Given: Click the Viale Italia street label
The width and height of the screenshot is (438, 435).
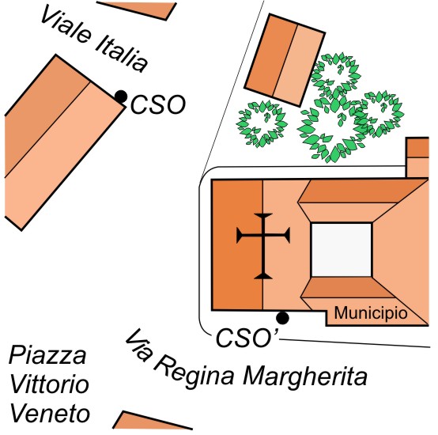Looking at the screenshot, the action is [94, 39].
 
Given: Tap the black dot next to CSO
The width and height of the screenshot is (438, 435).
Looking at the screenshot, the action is [121, 96].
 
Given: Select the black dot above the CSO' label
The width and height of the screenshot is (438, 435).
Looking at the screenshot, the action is [282, 318].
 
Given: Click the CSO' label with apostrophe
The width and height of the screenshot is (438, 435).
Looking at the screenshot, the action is [247, 338].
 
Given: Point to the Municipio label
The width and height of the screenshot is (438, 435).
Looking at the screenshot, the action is [371, 313].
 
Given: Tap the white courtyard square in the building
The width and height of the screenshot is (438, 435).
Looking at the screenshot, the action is [342, 250].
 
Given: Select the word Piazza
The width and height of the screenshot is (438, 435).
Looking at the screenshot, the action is [47, 356].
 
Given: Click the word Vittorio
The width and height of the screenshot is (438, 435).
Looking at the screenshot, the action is [50, 384].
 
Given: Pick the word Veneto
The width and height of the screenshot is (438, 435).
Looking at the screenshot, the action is [51, 414].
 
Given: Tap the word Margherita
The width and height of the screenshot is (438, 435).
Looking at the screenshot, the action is [305, 376].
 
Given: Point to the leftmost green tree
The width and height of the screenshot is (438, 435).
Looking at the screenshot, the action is [262, 123].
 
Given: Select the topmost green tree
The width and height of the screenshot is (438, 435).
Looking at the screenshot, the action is [336, 75].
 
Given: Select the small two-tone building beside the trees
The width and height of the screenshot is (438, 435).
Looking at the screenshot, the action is [285, 60].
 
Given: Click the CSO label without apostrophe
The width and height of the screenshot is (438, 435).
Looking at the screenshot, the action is [158, 104].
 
